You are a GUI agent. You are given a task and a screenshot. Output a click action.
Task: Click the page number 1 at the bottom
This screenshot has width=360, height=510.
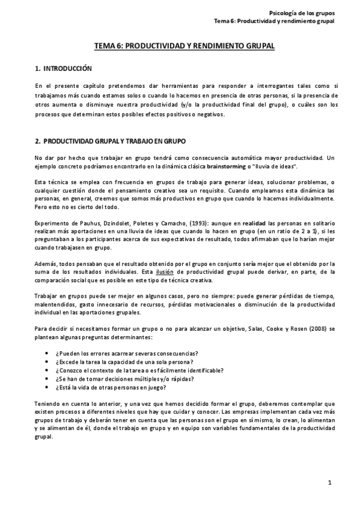click(330, 483)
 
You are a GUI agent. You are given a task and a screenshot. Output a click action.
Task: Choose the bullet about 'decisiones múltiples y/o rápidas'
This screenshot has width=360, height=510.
click(132, 379)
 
